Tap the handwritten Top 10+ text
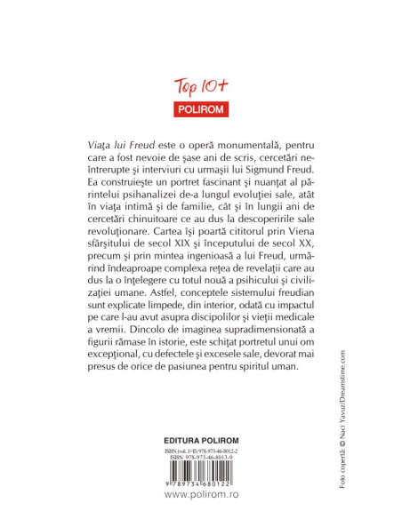198,87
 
